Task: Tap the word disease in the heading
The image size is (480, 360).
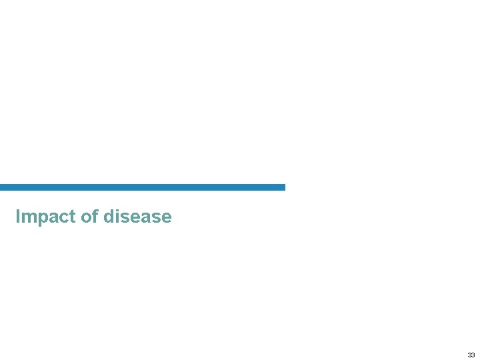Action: click(137, 217)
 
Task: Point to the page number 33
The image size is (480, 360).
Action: click(471, 355)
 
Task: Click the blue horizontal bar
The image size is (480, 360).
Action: click(143, 187)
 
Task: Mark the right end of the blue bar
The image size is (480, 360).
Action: click(283, 187)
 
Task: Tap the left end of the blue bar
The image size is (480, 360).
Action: click(2, 187)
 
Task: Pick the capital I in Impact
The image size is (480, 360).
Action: click(17, 217)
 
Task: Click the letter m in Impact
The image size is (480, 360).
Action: click(27, 219)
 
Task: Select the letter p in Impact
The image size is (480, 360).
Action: click(40, 219)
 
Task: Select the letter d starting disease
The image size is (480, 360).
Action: click(109, 217)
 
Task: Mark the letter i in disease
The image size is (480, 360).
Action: click(117, 217)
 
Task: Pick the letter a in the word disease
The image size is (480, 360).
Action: click(147, 219)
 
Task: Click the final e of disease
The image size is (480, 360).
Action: click(167, 219)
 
